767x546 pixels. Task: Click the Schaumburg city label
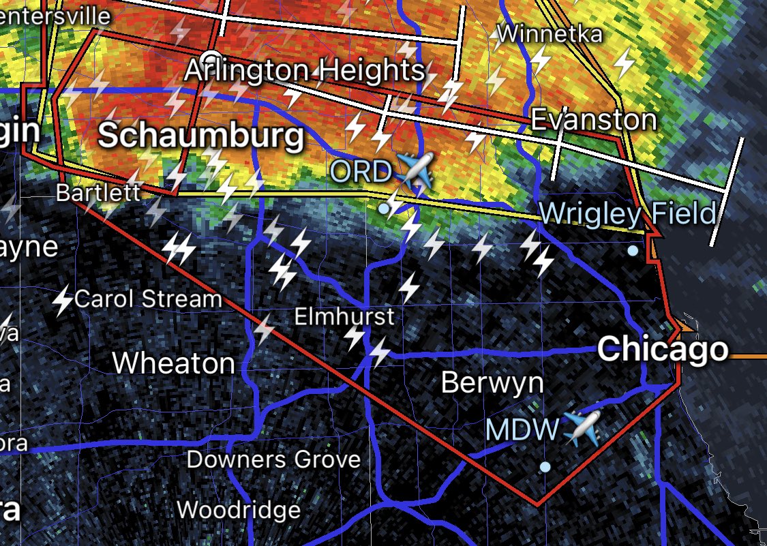(201, 136)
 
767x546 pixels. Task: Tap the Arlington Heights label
(305, 70)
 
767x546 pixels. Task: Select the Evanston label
(593, 120)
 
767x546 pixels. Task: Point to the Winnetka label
(550, 33)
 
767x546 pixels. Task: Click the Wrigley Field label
(628, 214)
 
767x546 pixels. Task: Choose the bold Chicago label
(663, 350)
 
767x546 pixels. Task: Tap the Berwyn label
(492, 382)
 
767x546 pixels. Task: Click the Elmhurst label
(344, 316)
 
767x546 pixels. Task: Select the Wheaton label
(174, 363)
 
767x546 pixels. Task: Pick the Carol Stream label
(148, 299)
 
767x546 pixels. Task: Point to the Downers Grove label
(273, 459)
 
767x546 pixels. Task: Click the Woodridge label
(239, 510)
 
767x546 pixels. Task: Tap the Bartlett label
(98, 192)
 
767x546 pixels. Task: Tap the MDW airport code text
(522, 430)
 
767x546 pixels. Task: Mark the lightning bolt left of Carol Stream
(63, 301)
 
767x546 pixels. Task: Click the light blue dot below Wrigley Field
(633, 251)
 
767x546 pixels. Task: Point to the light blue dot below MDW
(545, 466)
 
